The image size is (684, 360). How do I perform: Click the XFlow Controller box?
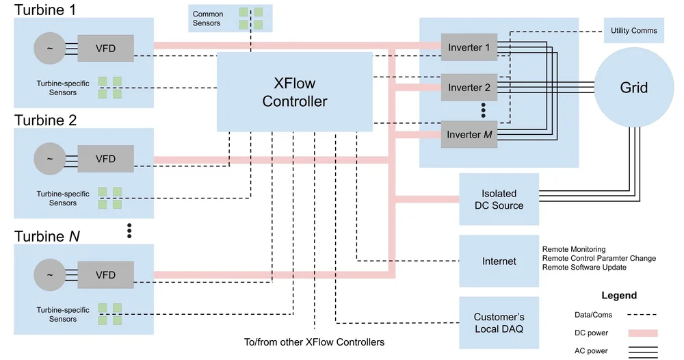pyautogui.click(x=295, y=92)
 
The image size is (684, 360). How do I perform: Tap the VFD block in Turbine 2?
pyautogui.click(x=105, y=159)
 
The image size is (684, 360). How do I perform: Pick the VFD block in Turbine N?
pyautogui.click(x=105, y=274)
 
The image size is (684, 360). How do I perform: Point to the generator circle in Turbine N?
pyautogui.click(x=49, y=274)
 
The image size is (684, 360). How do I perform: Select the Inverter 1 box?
pyautogui.click(x=469, y=47)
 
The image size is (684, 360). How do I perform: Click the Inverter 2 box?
pyautogui.click(x=469, y=88)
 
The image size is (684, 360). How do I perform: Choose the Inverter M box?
pyautogui.click(x=469, y=135)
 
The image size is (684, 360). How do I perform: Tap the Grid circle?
pyautogui.click(x=633, y=88)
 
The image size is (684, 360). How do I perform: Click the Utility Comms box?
pyautogui.click(x=633, y=31)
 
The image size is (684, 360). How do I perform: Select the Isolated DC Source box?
pyautogui.click(x=499, y=199)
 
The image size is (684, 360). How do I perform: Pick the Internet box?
pyautogui.click(x=499, y=261)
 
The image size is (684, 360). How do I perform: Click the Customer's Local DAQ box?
pyautogui.click(x=499, y=322)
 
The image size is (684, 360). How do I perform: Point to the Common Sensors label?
pyautogui.click(x=208, y=18)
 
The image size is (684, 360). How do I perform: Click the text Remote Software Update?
pyautogui.click(x=583, y=268)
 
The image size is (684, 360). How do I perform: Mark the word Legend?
pyautogui.click(x=619, y=296)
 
